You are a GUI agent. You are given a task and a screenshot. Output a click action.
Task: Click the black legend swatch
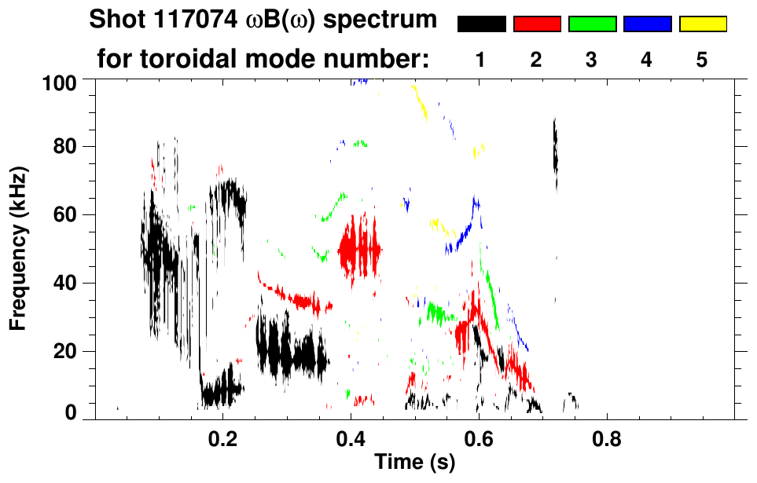pos(481,24)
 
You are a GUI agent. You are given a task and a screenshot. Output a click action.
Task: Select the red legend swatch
pos(537,24)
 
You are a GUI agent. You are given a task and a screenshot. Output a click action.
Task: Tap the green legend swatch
pos(592,24)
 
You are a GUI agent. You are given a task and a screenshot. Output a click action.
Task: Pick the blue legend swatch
pos(647,24)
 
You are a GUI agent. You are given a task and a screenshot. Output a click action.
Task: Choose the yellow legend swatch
pos(703,24)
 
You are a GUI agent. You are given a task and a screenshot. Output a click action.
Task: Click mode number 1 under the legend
pos(481,60)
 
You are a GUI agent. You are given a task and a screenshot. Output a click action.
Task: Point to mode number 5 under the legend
pos(702,60)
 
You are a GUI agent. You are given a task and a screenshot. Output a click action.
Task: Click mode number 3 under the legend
pos(592,60)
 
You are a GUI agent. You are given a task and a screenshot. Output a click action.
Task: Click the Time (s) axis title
pos(414,463)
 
